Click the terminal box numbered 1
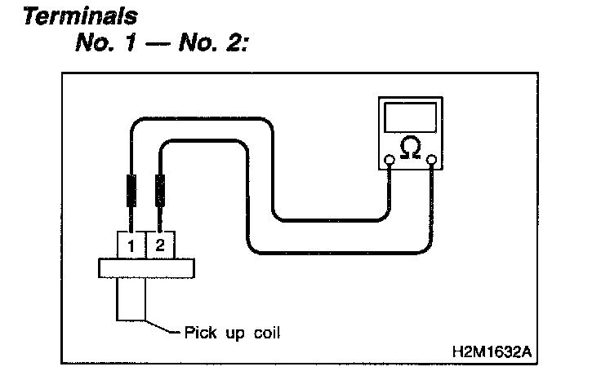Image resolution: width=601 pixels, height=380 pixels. [x=131, y=244]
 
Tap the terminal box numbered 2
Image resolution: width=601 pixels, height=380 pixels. [x=160, y=244]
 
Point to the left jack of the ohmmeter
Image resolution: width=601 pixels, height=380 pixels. [x=390, y=161]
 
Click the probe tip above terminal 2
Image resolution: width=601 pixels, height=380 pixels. [x=160, y=192]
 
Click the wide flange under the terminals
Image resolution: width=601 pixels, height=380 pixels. [x=145, y=268]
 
